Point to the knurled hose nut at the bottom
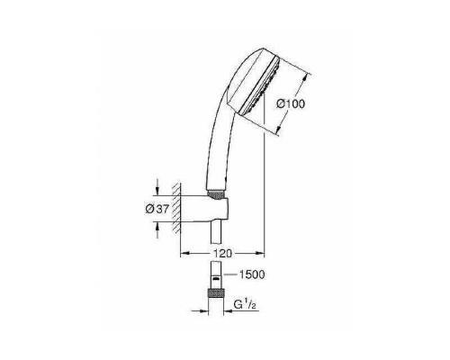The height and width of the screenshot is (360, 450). point(215,293)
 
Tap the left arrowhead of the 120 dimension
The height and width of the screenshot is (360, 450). point(185,252)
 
